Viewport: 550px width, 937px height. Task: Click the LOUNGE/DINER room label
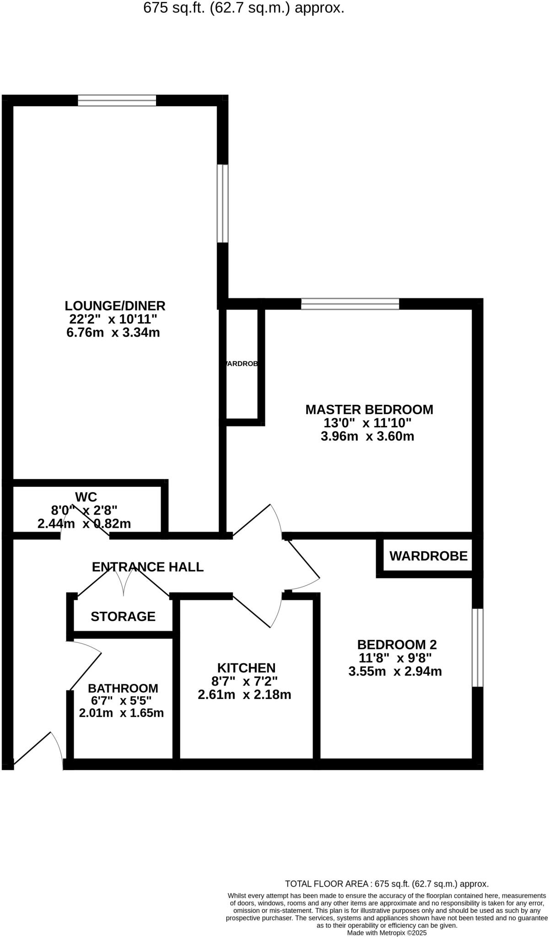point(115,306)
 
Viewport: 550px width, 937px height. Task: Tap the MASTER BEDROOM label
point(369,409)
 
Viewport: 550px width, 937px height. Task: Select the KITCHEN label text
point(246,668)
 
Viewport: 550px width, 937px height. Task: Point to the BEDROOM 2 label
point(397,645)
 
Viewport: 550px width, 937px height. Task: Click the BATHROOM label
point(123,688)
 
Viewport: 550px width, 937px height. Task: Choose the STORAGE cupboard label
point(123,617)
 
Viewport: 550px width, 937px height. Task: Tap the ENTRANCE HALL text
point(147,567)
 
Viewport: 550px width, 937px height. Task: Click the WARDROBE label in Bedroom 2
point(428,556)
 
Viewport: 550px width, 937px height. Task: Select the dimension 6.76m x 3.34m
point(113,333)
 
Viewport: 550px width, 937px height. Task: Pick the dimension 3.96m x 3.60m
point(367,436)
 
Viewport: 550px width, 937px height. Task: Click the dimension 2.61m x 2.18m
point(244,695)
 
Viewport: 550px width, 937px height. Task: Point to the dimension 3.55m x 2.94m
point(395,672)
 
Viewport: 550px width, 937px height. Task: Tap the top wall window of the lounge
point(117,100)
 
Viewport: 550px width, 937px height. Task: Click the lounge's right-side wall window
point(222,203)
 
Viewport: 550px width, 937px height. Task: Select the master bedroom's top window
point(350,303)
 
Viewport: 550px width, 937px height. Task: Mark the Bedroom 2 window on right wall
point(477,647)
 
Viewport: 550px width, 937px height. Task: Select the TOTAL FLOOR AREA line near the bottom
point(387,884)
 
